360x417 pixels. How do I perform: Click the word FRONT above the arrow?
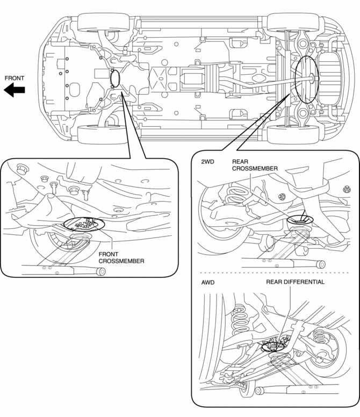point(15,78)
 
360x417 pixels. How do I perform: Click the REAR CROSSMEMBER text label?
point(254,164)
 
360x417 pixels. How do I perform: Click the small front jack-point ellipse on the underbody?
point(115,79)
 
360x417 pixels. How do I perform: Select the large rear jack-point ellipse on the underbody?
point(305,80)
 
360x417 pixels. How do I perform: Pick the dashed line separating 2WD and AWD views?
point(274,273)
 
